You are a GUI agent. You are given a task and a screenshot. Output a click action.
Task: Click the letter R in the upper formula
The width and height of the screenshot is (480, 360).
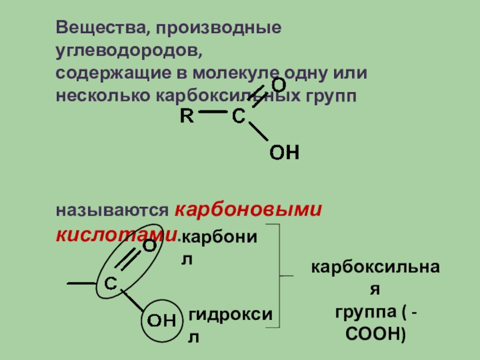pos(187,117)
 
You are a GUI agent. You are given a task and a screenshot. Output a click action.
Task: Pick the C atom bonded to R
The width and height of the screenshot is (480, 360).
pos(239,118)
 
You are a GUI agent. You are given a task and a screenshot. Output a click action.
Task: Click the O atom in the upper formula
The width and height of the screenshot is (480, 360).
pos(278,85)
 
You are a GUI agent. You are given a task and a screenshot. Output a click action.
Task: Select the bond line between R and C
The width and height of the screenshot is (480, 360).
pos(213,112)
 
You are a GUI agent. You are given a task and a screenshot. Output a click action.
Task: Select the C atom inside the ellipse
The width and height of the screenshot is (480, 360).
pos(111,284)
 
